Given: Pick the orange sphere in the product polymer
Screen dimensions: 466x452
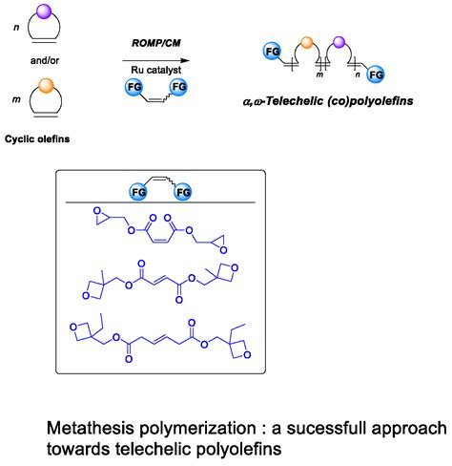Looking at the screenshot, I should [x=307, y=41].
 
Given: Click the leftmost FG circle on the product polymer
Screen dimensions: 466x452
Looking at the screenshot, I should [x=271, y=48].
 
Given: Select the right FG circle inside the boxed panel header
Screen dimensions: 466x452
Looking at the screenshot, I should [x=183, y=194].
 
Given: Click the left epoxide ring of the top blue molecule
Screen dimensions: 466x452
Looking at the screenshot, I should [x=92, y=219].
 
